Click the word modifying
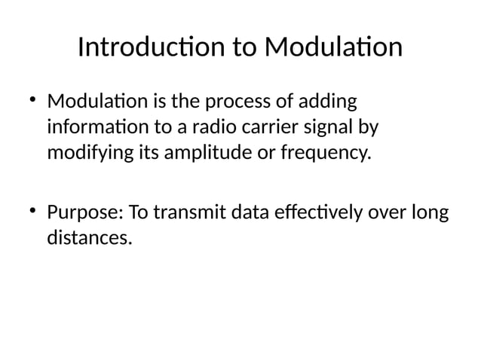84,155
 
